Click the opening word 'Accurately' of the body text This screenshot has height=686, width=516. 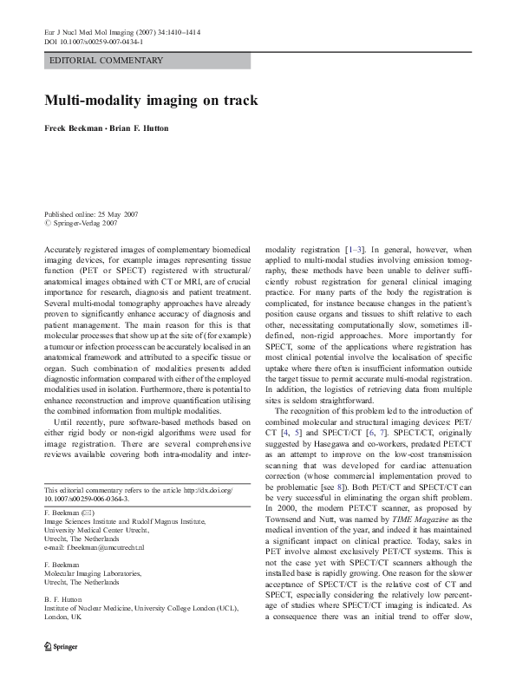click(x=64, y=248)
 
